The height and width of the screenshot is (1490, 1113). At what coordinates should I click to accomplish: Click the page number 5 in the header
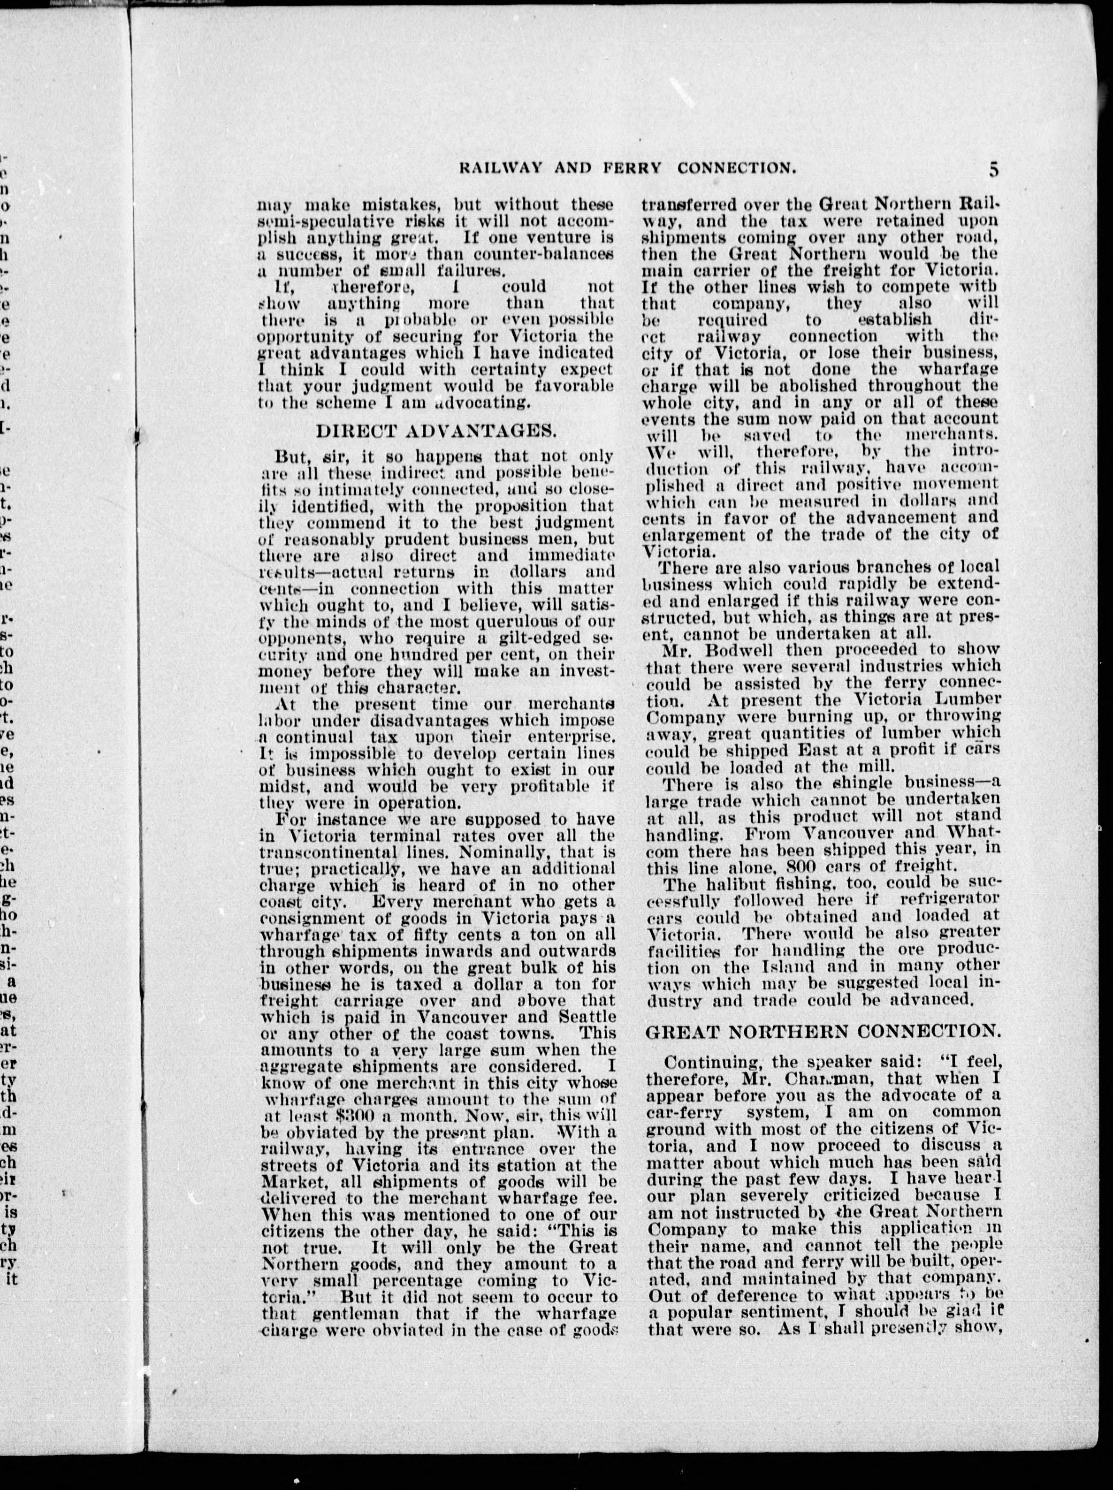[x=994, y=168]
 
